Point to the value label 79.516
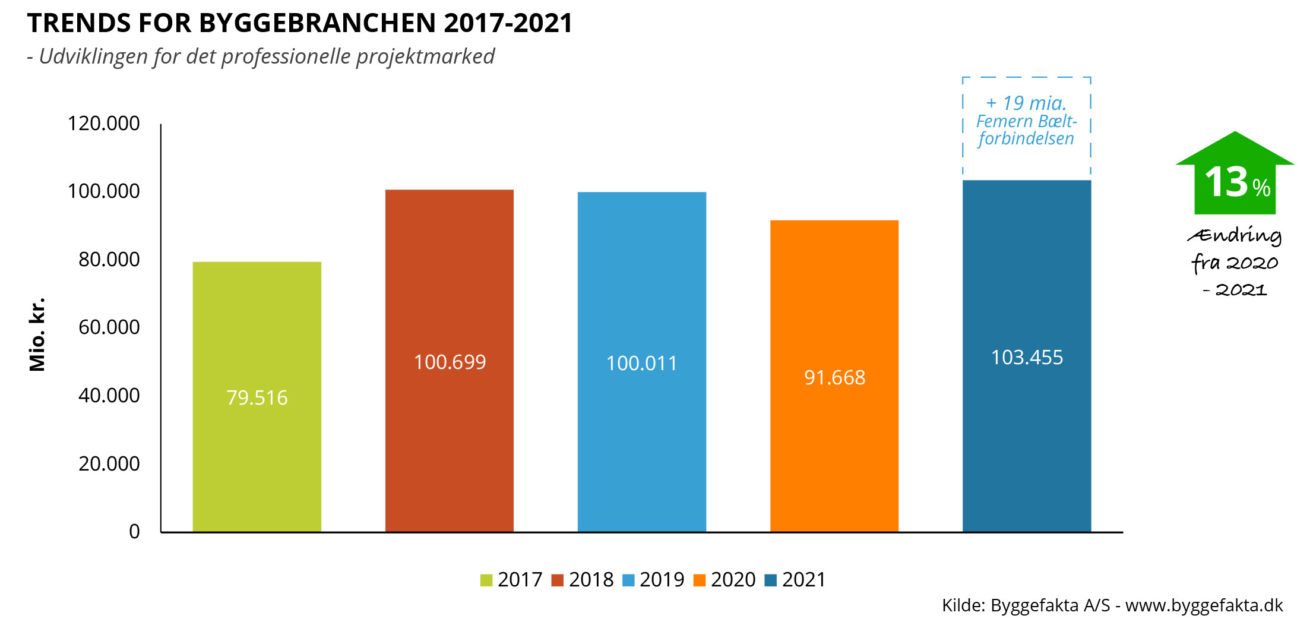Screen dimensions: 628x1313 pos(257,397)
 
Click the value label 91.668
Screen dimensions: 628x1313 pos(834,377)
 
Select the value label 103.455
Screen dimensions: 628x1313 pos(1027,357)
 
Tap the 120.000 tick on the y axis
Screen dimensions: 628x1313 pos(104,124)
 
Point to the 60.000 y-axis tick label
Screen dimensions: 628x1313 pos(109,327)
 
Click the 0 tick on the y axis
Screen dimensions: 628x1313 pos(135,531)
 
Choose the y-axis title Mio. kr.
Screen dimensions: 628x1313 pos(37,334)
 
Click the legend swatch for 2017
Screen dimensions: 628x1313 pos(486,580)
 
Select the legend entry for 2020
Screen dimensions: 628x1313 pos(725,579)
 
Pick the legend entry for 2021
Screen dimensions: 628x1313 pos(796,579)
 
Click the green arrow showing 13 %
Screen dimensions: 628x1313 pos(1235,175)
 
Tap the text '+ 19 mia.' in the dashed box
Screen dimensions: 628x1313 pos(1026,103)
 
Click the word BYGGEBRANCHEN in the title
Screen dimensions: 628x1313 pos(318,23)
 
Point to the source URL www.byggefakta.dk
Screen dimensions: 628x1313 pos(1204,605)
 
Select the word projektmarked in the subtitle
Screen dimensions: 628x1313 pos(425,56)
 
